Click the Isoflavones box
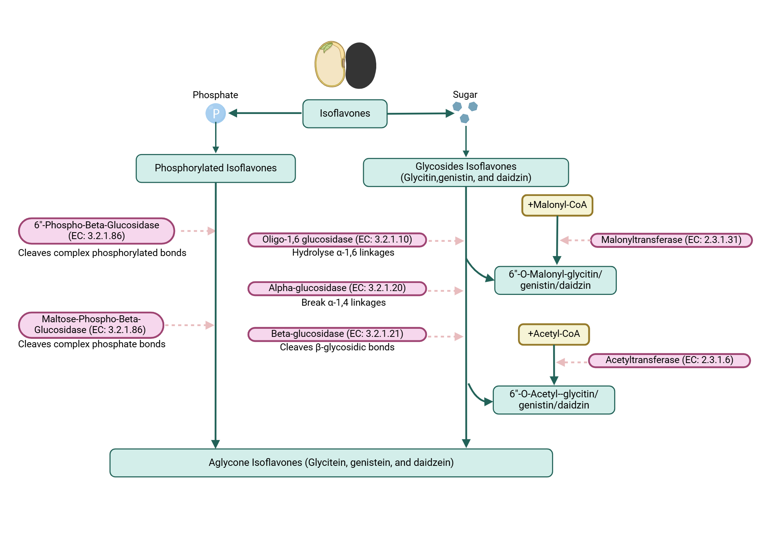(x=345, y=114)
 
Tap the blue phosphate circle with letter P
(x=215, y=114)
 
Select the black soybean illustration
(x=360, y=65)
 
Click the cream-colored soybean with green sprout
(x=330, y=65)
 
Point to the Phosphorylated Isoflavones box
(x=215, y=168)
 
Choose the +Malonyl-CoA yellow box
(x=557, y=205)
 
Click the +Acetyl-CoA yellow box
(x=554, y=334)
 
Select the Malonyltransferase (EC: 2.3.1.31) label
(x=671, y=240)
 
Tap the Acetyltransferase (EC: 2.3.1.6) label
(x=669, y=360)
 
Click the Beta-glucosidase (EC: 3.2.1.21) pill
(x=337, y=334)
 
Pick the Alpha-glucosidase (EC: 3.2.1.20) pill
(x=337, y=288)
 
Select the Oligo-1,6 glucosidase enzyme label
(x=337, y=239)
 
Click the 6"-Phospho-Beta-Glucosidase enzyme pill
(x=96, y=231)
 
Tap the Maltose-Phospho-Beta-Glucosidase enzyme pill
(x=91, y=325)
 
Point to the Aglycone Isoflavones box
(x=331, y=462)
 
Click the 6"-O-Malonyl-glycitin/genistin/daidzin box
(x=555, y=280)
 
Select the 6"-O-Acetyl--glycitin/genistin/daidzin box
(x=554, y=400)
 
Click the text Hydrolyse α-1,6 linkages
(x=343, y=253)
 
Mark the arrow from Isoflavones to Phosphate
(x=266, y=113)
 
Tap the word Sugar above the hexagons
(x=465, y=95)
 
